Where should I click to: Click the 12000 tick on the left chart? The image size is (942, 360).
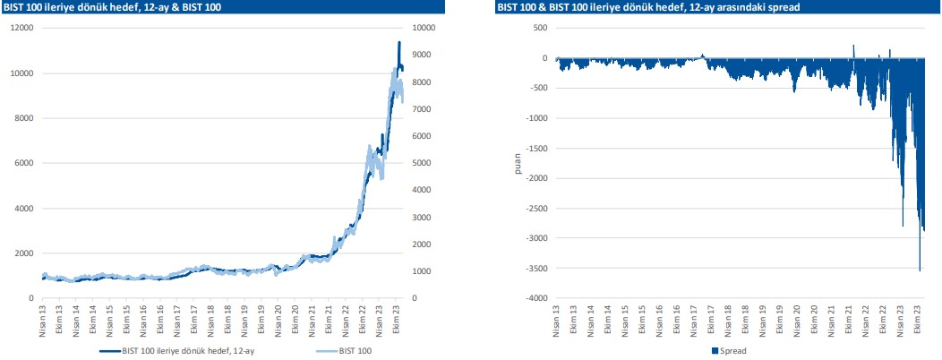click(x=21, y=28)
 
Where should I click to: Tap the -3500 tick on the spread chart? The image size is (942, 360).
click(x=535, y=269)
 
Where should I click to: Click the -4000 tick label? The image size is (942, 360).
click(x=535, y=298)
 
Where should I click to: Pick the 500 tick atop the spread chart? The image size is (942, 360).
click(x=540, y=28)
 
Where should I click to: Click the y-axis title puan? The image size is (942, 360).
click(x=517, y=163)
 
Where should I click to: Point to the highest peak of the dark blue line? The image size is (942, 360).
click(x=399, y=42)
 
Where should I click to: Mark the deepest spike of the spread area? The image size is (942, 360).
click(x=920, y=270)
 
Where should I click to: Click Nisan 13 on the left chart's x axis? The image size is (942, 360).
click(x=43, y=320)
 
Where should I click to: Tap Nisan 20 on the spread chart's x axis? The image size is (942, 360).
click(x=796, y=320)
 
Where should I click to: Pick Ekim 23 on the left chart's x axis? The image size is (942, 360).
click(x=397, y=320)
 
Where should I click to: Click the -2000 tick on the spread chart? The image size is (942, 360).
click(x=535, y=178)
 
